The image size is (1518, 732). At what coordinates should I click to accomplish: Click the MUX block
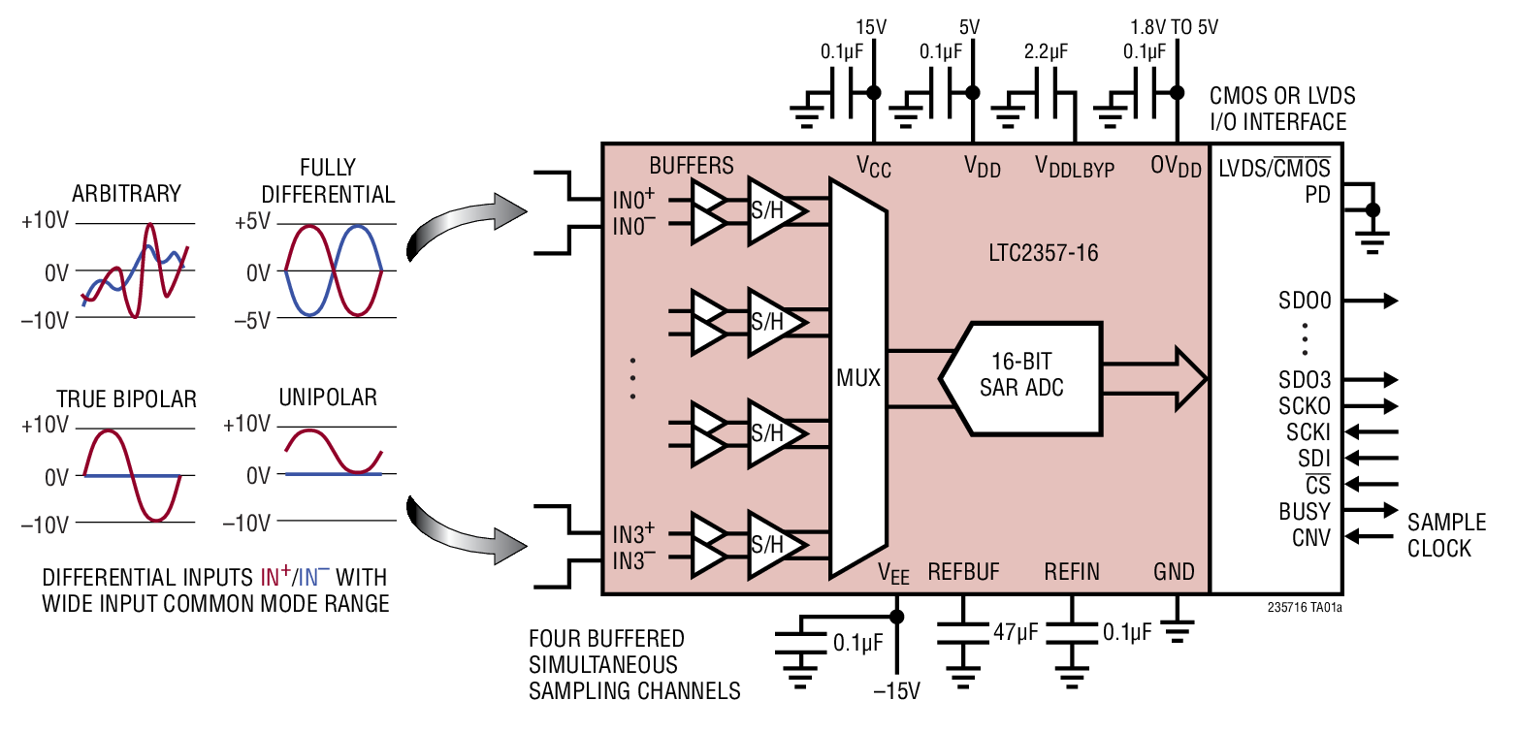point(857,378)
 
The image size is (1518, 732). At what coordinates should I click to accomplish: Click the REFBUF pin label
point(963,572)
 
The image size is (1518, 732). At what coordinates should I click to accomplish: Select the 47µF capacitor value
point(1015,633)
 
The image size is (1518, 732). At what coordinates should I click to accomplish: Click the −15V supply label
point(896,692)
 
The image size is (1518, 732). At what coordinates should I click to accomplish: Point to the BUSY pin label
point(1305,511)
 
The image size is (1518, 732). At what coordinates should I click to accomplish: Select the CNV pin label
point(1310,536)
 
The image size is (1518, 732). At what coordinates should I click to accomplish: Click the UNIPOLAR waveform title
point(328,398)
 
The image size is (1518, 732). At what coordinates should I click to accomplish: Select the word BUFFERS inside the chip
point(692,165)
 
